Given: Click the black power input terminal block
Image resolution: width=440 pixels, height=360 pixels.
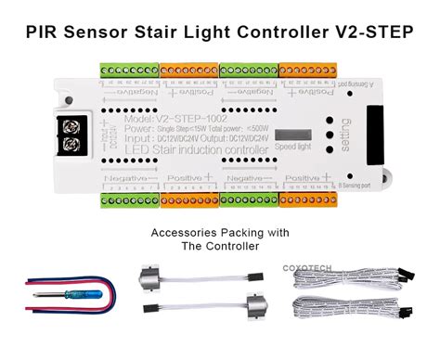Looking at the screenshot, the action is (70, 133).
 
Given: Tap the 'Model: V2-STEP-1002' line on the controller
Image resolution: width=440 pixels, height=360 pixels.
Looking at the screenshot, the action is (154, 118).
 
